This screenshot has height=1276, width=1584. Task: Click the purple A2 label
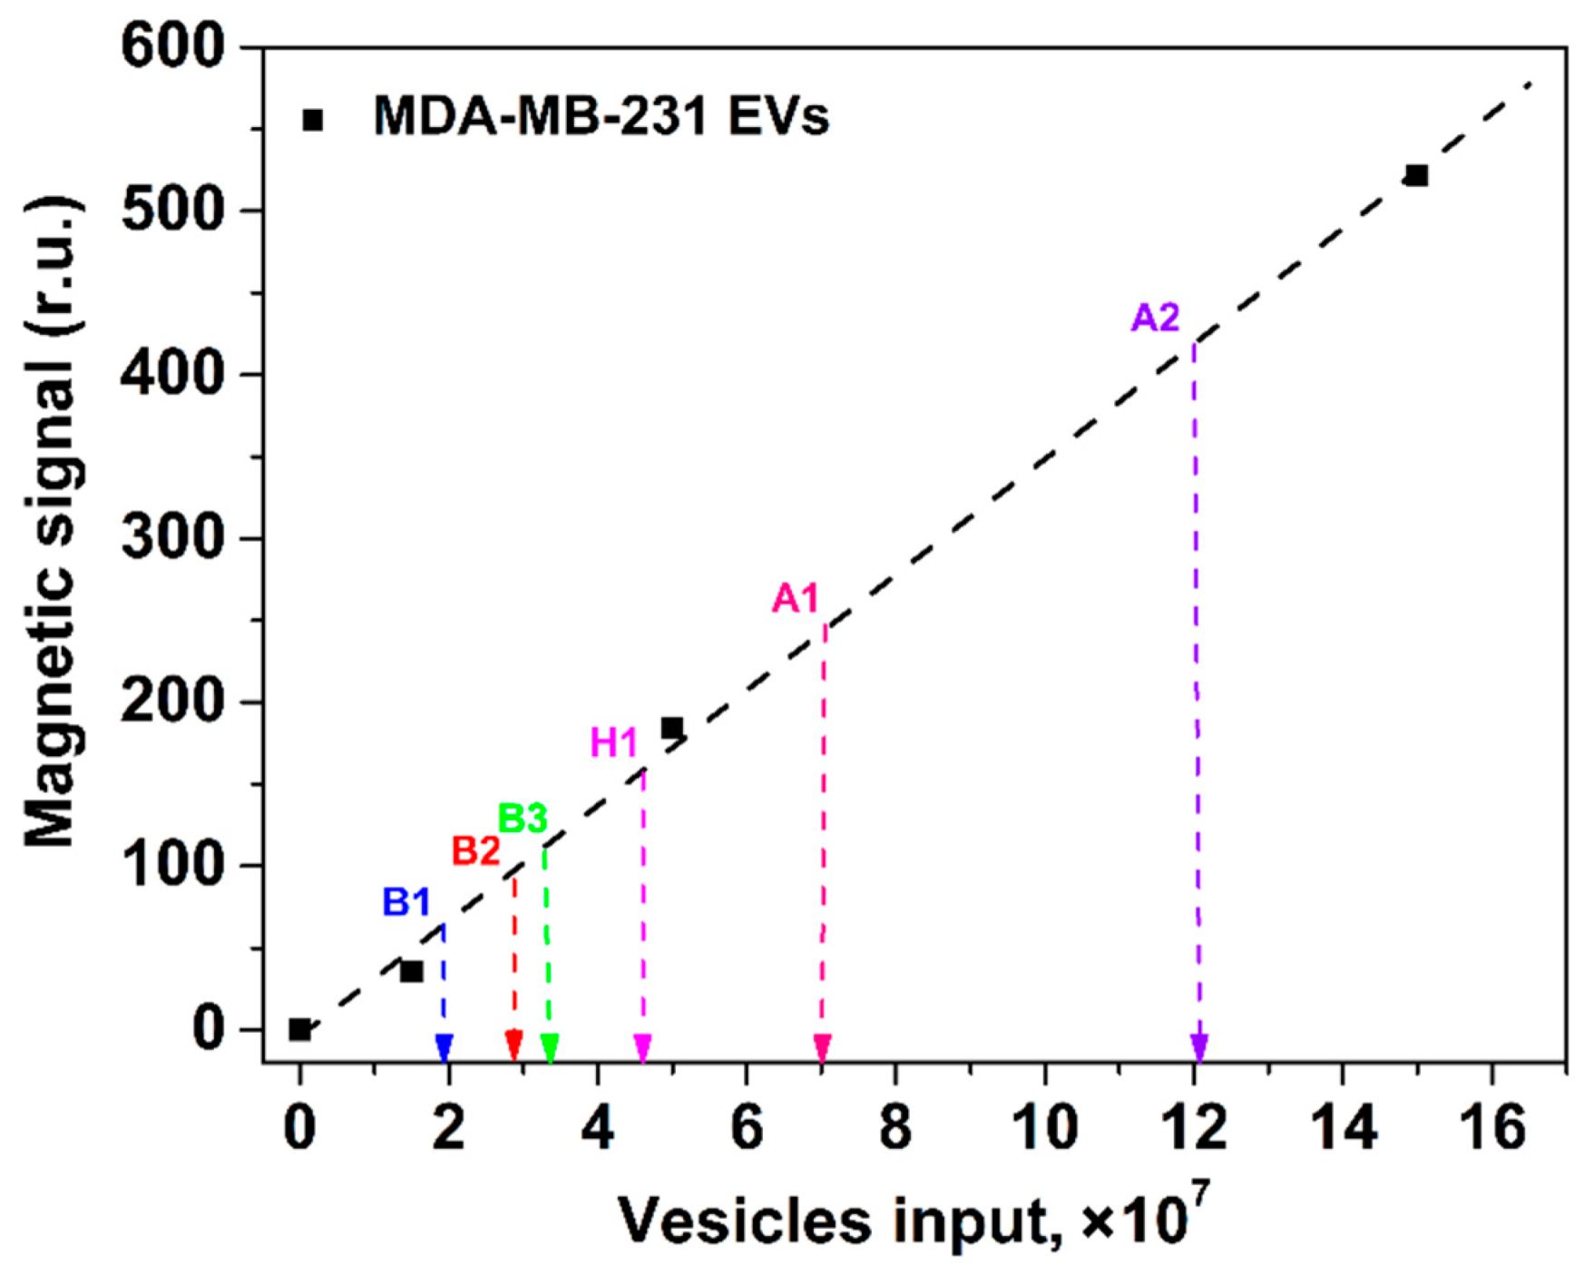(1155, 319)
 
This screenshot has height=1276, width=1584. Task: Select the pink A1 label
(795, 599)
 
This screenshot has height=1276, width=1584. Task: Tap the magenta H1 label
(614, 743)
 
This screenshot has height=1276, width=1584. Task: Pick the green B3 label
(523, 819)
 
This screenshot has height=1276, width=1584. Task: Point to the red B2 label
(476, 852)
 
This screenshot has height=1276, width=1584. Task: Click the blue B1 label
(406, 903)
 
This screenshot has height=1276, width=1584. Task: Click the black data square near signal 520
(1416, 175)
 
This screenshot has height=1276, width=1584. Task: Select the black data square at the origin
(299, 1029)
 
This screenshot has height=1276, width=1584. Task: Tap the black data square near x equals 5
(672, 728)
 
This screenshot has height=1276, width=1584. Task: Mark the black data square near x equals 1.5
(412, 971)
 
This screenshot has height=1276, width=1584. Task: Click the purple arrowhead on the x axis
(1199, 1047)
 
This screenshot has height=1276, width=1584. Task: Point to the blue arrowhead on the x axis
(444, 1047)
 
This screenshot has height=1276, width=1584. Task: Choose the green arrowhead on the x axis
(549, 1047)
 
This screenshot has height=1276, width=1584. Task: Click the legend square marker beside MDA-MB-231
(312, 120)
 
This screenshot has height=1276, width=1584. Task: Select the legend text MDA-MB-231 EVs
(601, 117)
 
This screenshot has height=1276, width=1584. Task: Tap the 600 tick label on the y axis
(172, 45)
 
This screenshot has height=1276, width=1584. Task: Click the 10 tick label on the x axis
(1044, 1128)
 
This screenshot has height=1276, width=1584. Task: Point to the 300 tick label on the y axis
(172, 537)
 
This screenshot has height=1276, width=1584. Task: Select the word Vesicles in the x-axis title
(744, 1221)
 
